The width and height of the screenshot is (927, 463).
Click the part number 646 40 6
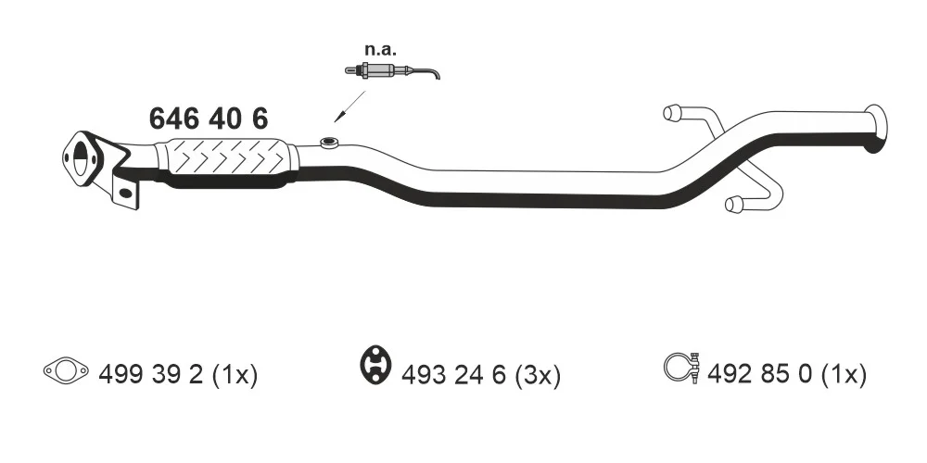(208, 119)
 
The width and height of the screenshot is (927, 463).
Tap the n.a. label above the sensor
(380, 49)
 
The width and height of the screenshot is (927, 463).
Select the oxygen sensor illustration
(392, 71)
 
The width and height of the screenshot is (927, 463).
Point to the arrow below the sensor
(350, 106)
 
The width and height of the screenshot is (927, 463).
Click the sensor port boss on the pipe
(329, 143)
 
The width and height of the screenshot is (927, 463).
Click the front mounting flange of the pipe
(82, 159)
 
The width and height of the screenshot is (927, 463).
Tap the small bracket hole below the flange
(126, 193)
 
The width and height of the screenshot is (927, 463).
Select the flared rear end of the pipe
(876, 129)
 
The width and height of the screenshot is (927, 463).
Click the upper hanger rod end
(671, 112)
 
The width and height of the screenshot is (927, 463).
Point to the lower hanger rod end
(733, 205)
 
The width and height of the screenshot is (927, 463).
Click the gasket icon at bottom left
(66, 371)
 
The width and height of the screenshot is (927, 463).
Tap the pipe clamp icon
(682, 368)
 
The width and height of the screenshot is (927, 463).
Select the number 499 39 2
(151, 374)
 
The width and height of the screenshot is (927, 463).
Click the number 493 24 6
(453, 375)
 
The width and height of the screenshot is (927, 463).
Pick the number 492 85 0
(760, 374)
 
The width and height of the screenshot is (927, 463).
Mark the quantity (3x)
(538, 375)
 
